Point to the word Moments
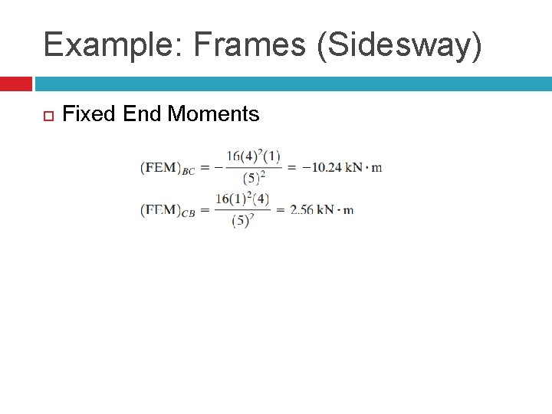[x=213, y=114]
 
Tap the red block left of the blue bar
[x=15, y=84]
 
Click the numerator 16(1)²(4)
[x=242, y=199]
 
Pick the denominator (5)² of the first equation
[x=254, y=179]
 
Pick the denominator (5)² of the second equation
[x=243, y=221]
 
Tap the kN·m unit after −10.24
[x=363, y=168]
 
